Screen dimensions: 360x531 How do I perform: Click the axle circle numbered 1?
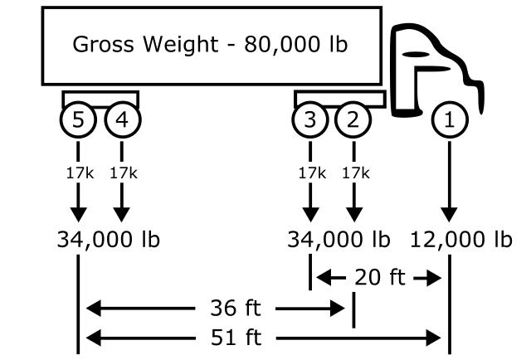(x=449, y=120)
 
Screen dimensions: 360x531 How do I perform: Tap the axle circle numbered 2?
(x=354, y=120)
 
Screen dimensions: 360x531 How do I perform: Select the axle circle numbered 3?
(x=310, y=120)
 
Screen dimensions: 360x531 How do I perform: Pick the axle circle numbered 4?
(x=123, y=120)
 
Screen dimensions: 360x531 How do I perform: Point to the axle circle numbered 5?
(x=78, y=120)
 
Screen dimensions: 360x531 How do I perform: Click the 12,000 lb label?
(x=460, y=240)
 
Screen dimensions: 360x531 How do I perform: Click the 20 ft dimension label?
(x=379, y=277)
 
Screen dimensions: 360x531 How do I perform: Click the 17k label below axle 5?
(x=78, y=173)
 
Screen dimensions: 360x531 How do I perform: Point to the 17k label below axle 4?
(x=123, y=173)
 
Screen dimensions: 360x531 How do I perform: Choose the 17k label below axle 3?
(x=310, y=173)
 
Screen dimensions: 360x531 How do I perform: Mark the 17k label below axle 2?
(x=354, y=173)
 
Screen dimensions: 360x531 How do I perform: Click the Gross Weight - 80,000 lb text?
(x=211, y=44)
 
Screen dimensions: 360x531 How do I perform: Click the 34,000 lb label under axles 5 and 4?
(x=108, y=240)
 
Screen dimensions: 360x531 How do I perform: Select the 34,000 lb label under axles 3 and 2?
(x=338, y=240)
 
